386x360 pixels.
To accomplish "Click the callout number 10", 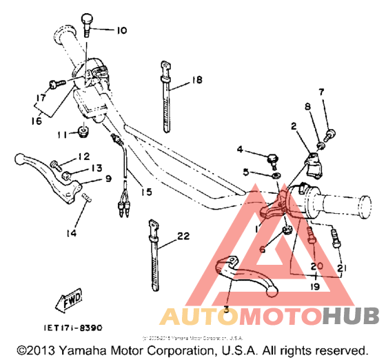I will (x=121, y=30).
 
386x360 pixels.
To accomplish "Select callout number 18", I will (x=197, y=81).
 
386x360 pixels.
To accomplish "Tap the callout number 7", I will (x=321, y=92).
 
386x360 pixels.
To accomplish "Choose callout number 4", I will (x=240, y=149).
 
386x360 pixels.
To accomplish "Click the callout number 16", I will (x=37, y=121).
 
